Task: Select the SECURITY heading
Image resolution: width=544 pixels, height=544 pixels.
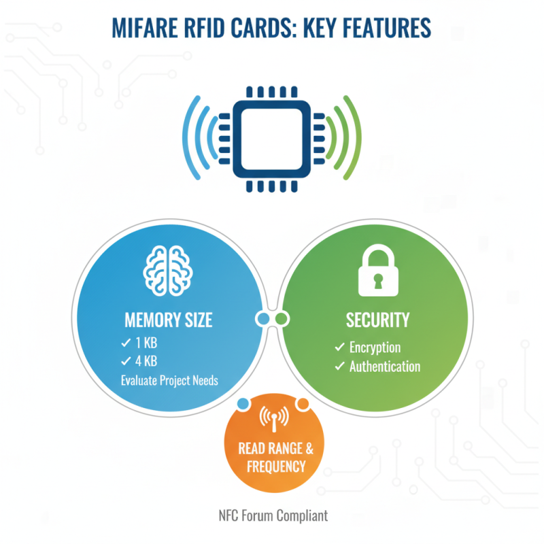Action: (378, 320)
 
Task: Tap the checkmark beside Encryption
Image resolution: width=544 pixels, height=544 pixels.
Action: (339, 347)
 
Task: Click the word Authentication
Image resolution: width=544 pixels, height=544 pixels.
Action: (385, 367)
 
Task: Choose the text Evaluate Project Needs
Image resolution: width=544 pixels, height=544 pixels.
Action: (169, 380)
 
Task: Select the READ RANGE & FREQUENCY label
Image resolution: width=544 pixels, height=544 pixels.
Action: (275, 458)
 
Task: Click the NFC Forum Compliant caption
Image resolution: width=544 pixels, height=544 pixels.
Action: (273, 515)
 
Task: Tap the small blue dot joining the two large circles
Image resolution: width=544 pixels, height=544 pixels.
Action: (262, 318)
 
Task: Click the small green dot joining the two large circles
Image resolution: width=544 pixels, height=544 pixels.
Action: (282, 318)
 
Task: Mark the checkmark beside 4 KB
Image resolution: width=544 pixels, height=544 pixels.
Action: (125, 361)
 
